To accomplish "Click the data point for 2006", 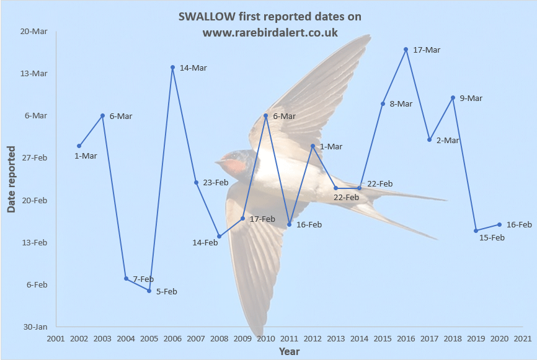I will point(172,67).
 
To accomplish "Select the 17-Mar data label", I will point(426,50).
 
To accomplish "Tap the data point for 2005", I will point(149,291).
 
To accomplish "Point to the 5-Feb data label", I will point(166,291).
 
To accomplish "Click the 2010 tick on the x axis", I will point(265,338).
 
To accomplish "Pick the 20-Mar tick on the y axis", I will point(35,31).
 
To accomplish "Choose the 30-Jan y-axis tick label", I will point(35,327).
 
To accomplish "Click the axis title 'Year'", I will point(289,351).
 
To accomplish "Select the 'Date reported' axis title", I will point(11,179).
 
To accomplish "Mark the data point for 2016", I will point(406,49).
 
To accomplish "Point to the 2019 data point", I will point(476,230).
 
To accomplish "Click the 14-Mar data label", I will point(193,68).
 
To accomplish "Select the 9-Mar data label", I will point(471,98).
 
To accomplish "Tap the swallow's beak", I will point(218,162).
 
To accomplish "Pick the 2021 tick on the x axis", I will point(522,338).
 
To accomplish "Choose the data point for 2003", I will point(102,115).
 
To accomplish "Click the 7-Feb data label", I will point(143,279).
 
